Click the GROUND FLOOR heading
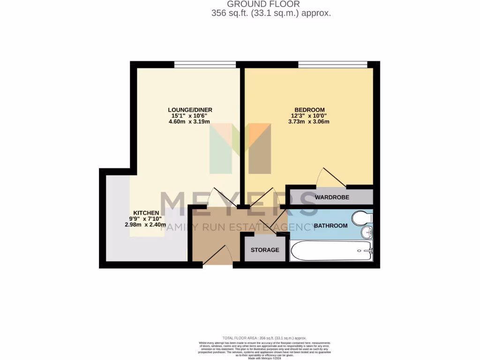[263, 4]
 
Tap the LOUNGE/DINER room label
[189, 110]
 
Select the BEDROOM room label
[309, 110]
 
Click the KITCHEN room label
[146, 212]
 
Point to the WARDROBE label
[332, 197]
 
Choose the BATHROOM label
[331, 226]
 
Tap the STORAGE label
[265, 250]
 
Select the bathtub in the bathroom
[331, 251]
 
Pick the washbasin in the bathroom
[366, 232]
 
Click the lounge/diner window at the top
[205, 64]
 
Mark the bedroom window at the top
[332, 64]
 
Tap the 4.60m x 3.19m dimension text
[189, 122]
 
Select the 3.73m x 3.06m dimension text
[309, 122]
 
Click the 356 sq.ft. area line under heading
[271, 14]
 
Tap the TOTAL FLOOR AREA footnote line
[265, 338]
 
